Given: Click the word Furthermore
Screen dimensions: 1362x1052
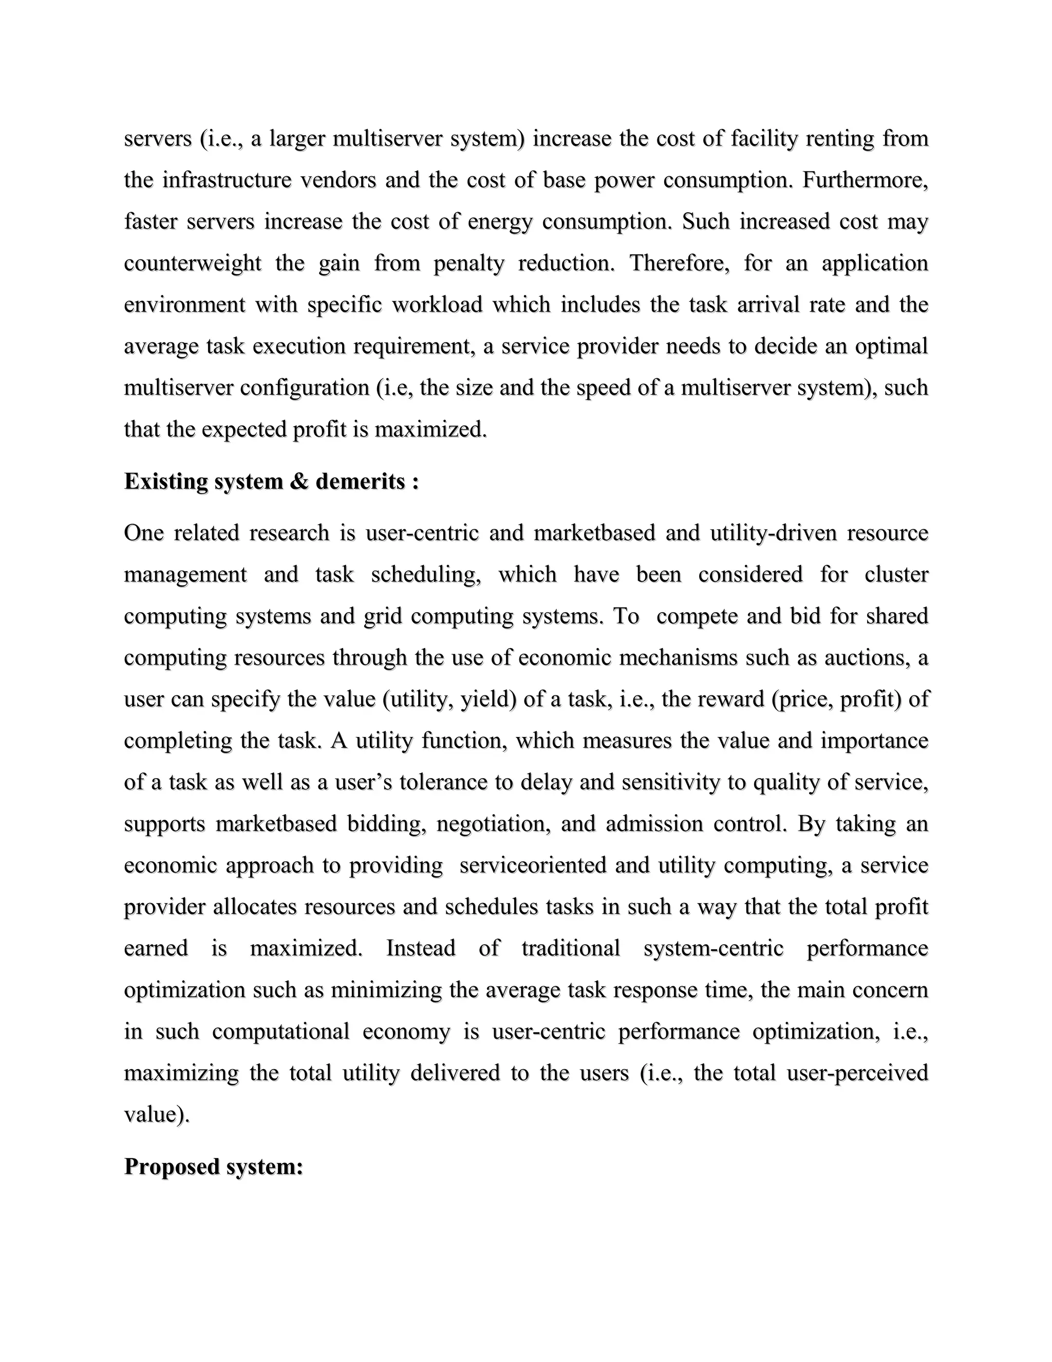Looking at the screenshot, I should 865,180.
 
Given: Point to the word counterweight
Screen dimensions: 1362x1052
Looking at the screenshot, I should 192,263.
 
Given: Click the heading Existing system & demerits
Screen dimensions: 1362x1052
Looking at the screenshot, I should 271,482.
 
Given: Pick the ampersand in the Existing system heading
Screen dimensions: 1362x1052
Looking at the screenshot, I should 299,482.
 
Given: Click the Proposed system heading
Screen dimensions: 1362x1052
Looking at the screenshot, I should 213,1167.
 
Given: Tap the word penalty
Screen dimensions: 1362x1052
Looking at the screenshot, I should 468,263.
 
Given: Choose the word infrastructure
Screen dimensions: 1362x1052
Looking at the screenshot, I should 227,180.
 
